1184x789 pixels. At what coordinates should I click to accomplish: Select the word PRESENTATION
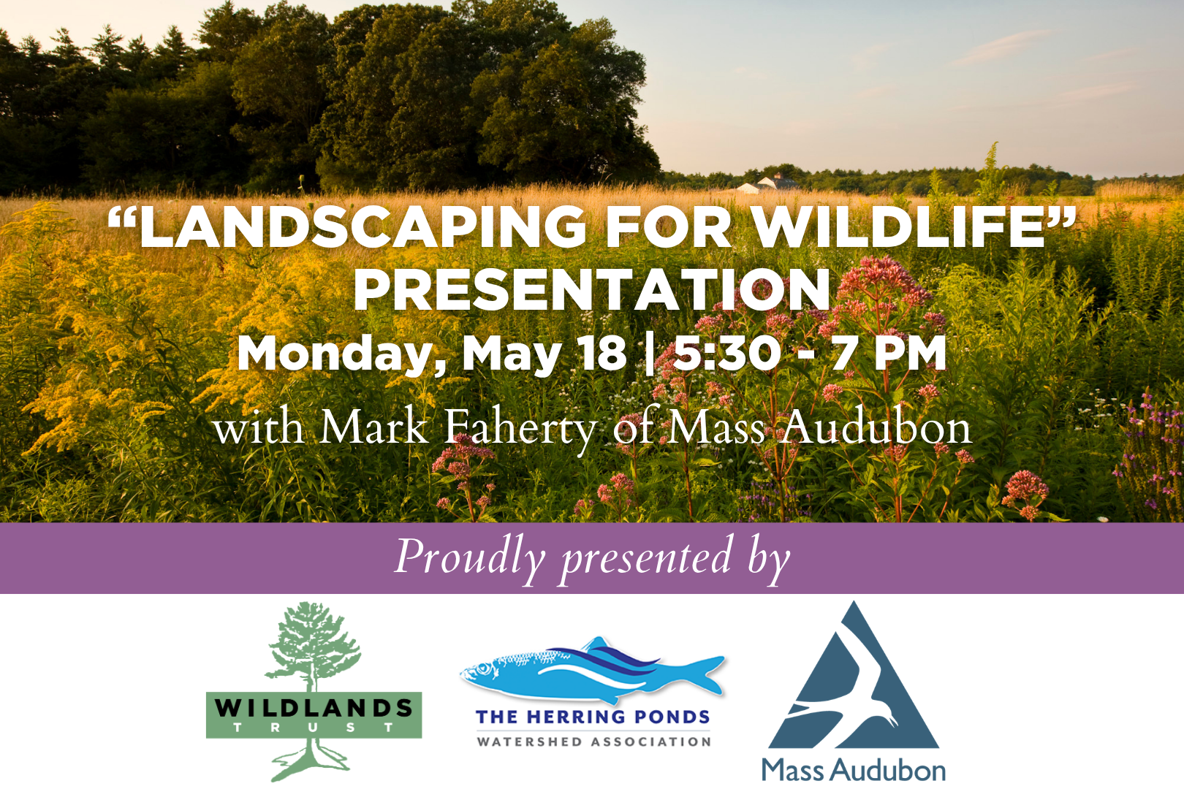pos(592,290)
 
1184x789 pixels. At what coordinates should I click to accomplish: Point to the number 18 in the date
pos(602,353)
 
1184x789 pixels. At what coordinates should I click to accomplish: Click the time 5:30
pos(727,353)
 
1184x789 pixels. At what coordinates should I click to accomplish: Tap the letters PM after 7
pos(910,353)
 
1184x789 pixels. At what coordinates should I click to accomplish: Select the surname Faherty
pos(520,428)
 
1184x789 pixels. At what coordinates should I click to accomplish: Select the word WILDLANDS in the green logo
pos(314,707)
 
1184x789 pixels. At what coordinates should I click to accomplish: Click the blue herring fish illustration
pos(592,668)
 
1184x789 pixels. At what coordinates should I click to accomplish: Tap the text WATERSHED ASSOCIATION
pos(593,742)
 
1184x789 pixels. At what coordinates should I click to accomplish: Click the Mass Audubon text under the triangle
pos(854,771)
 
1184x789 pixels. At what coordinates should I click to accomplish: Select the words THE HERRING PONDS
pos(593,717)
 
